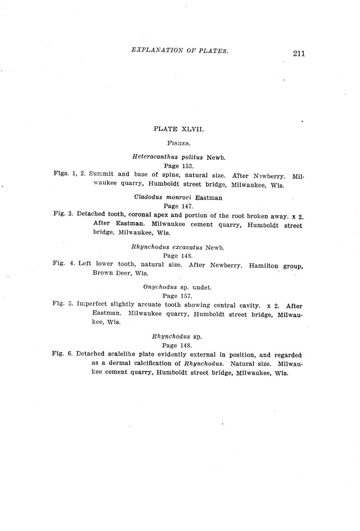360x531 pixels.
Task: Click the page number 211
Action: click(x=298, y=53)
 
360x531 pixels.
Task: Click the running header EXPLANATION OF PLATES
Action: click(x=180, y=50)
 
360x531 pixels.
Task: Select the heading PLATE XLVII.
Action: click(x=178, y=129)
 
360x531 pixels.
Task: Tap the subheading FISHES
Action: click(x=179, y=144)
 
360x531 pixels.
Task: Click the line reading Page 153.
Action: click(x=178, y=166)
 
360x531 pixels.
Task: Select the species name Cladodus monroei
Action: click(x=163, y=197)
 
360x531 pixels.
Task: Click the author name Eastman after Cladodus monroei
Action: click(x=208, y=198)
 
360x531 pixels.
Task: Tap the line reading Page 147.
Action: click(x=178, y=206)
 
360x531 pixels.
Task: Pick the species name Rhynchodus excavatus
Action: click(x=167, y=247)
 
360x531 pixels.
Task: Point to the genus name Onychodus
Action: click(x=160, y=287)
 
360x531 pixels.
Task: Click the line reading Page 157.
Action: click(x=177, y=296)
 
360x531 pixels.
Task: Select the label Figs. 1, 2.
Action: click(x=69, y=174)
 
